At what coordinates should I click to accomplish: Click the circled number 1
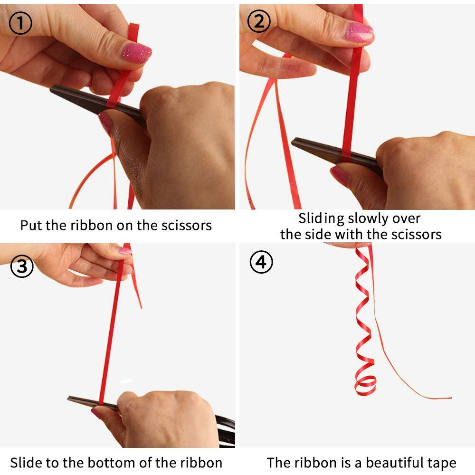point(20,23)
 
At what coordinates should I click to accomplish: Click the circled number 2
point(259,21)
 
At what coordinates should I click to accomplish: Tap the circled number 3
point(22,266)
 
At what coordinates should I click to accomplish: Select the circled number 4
point(261,262)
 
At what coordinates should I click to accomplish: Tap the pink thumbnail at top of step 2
point(359,32)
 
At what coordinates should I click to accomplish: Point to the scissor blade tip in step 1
point(51,88)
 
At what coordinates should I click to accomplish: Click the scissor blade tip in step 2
point(293,141)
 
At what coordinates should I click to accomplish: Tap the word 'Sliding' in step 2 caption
point(322,218)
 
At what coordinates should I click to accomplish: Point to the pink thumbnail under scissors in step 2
point(340,175)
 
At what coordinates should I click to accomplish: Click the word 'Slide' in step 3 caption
point(26,463)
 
